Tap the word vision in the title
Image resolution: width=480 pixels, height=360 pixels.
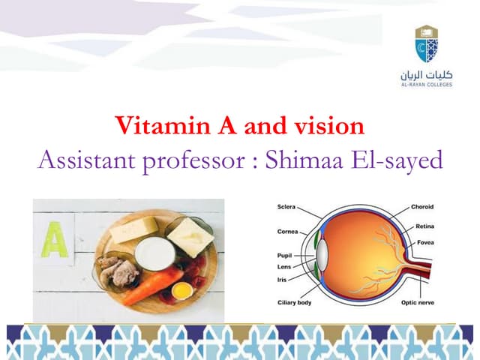click(x=326, y=126)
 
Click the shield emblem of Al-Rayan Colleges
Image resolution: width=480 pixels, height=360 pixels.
click(x=426, y=44)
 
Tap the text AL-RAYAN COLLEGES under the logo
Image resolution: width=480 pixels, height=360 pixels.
click(x=426, y=85)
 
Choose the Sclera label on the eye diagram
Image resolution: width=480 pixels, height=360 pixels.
click(x=286, y=206)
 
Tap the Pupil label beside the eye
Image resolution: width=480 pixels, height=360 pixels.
click(x=284, y=255)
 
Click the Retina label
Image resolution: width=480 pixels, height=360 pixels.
click(x=424, y=226)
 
